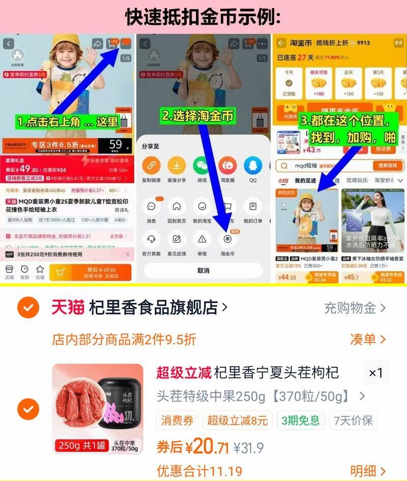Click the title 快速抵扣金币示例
click(x=203, y=17)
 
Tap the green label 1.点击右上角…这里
click(x=67, y=122)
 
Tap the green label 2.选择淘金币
click(x=198, y=116)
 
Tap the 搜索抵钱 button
click(x=387, y=166)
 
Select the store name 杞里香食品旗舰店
click(x=153, y=307)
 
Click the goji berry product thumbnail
click(x=97, y=409)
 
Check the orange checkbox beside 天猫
click(x=28, y=307)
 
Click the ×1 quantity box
click(x=376, y=373)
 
